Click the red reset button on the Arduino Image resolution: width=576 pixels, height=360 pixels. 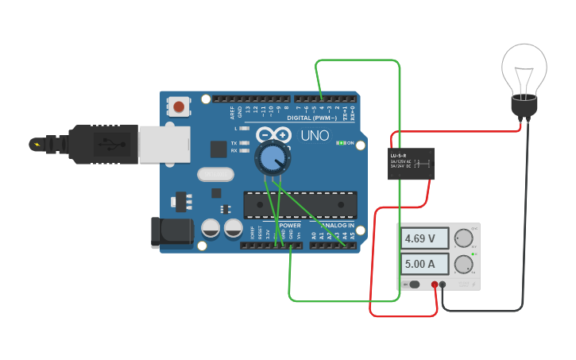pos(179,106)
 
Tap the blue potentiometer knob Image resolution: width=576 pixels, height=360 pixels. pos(272,159)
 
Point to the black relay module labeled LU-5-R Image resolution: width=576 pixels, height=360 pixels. pos(411,164)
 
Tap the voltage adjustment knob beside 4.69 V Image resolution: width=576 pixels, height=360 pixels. pos(462,238)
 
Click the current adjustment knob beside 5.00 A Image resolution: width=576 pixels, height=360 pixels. pos(462,264)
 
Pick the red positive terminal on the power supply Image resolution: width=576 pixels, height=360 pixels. pos(435,285)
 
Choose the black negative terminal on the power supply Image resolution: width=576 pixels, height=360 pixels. pos(443,285)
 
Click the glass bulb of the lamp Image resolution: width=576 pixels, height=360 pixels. pos(524,68)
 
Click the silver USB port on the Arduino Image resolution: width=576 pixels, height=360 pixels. pos(164,143)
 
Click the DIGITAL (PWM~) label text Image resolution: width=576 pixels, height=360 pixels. pos(311,118)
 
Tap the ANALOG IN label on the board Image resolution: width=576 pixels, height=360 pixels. pos(334,226)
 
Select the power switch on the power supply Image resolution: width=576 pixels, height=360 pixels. pos(413,285)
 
